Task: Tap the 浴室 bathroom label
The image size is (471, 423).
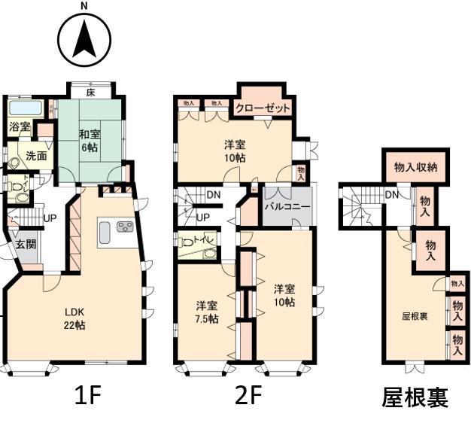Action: click(x=20, y=127)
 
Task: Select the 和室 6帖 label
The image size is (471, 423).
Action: click(x=90, y=141)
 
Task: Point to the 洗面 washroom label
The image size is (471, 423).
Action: click(x=36, y=156)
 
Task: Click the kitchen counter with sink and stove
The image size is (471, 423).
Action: click(x=116, y=232)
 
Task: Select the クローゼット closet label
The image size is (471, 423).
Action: click(x=263, y=108)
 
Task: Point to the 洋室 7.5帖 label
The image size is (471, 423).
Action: click(x=208, y=312)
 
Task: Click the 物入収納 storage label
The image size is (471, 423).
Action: click(x=415, y=167)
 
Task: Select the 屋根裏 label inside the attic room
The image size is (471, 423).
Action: click(x=413, y=316)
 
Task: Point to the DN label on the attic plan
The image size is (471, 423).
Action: click(x=392, y=195)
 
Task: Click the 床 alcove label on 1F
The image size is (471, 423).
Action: click(x=90, y=93)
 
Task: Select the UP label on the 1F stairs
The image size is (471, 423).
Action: click(x=50, y=218)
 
